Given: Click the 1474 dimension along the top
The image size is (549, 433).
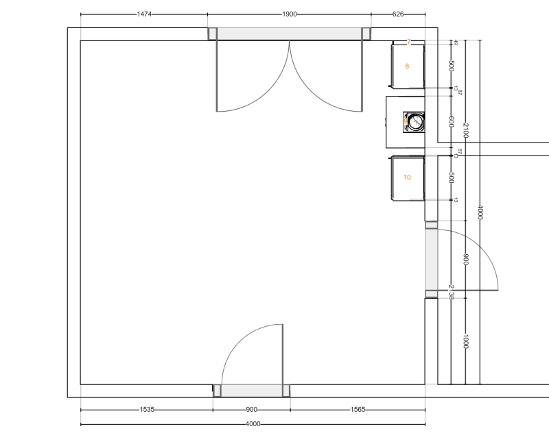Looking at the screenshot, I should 144,14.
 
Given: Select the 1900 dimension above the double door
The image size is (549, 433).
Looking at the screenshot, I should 290,14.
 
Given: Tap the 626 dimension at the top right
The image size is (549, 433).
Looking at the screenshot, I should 398,14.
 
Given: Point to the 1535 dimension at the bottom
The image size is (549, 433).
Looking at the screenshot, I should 147,410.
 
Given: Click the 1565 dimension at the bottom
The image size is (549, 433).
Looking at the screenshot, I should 358,410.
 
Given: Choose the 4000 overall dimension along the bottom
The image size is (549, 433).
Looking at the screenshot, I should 253,424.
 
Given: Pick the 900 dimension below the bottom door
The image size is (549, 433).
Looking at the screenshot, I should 251,410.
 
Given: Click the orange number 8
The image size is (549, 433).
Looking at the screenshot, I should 407,66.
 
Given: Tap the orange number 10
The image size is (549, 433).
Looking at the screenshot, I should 407,177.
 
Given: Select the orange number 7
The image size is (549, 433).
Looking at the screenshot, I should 408,42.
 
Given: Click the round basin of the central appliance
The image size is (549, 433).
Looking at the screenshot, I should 416,123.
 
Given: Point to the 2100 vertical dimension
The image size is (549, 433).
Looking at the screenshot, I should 465,130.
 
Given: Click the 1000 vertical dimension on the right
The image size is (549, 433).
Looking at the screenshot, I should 465,341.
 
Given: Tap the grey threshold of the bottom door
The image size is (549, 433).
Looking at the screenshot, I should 251,391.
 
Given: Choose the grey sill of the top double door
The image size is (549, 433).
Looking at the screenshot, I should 290,34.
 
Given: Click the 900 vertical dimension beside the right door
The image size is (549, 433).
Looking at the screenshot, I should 465,259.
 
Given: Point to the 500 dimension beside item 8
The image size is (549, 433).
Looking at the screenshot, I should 451,66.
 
